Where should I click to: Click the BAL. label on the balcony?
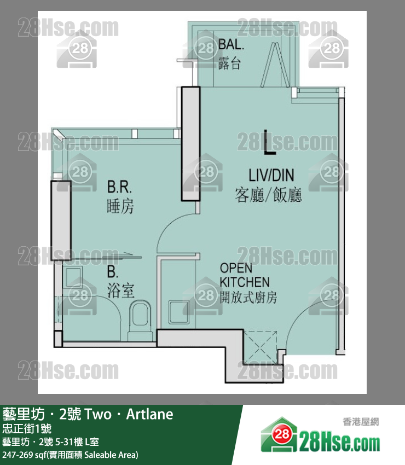231,44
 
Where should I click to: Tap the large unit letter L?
270,142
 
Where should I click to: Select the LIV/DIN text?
271,175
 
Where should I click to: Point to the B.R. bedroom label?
119,187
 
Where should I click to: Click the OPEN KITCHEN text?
245,275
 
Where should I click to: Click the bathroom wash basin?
72,277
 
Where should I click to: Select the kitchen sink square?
179,312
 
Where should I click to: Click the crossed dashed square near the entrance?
260,347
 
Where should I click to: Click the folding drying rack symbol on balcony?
275,65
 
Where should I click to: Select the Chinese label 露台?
229,63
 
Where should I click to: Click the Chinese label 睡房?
120,206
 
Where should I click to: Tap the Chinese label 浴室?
121,290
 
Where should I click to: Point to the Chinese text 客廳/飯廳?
268,195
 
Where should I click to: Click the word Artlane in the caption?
149,414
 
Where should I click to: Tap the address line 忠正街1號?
27,428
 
